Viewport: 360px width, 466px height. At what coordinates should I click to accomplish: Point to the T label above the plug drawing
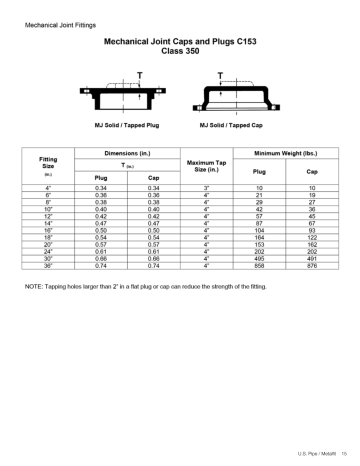pos(135,75)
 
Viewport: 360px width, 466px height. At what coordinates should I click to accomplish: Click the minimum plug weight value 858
pos(259,266)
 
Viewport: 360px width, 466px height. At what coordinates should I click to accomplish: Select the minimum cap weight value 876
pos(312,266)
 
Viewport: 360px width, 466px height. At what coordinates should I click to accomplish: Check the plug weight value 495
pos(259,260)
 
